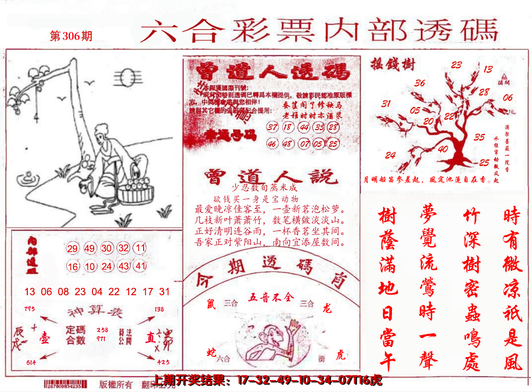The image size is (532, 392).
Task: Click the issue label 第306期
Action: click(x=71, y=36)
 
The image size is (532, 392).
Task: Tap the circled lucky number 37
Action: click(x=273, y=128)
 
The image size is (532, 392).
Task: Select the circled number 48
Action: click(x=288, y=144)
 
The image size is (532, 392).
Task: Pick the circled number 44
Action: click(x=303, y=128)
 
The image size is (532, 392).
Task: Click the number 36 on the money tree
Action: click(x=420, y=83)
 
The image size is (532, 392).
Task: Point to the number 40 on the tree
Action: click(x=443, y=149)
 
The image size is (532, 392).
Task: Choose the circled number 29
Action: click(x=73, y=248)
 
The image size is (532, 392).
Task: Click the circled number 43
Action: click(x=124, y=266)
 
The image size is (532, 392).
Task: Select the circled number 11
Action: click(x=140, y=248)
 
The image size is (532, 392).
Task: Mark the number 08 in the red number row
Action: click(x=63, y=292)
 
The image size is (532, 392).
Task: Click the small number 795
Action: click(x=30, y=308)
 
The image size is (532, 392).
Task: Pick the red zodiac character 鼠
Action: click(x=211, y=303)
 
